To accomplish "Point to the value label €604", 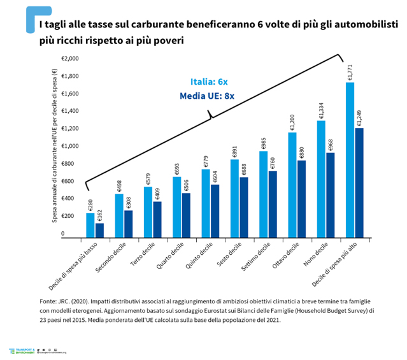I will tap(215, 176).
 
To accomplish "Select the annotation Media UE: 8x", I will tap(207, 96).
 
